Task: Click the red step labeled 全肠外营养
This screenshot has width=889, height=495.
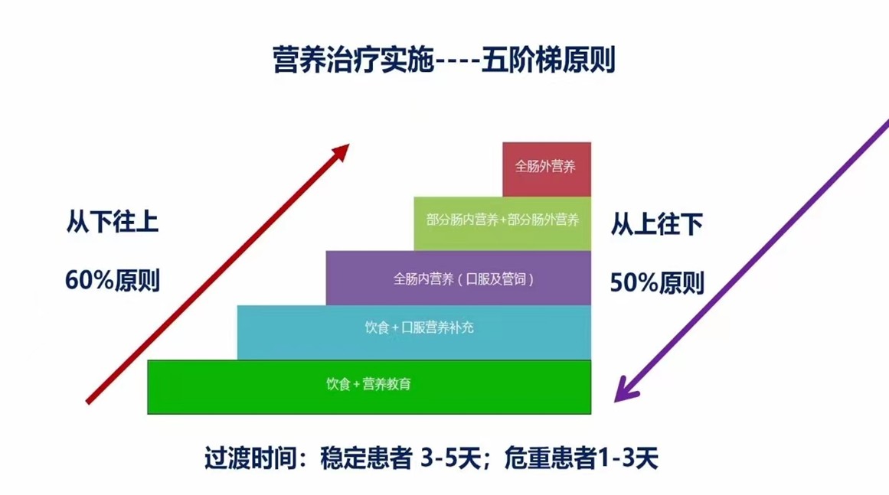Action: pos(547,169)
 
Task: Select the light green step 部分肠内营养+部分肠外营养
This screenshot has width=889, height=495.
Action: pos(502,223)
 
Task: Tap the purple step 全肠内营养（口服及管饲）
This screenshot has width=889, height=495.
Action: pos(458,278)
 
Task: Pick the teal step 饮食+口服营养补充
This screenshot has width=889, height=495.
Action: pos(414,333)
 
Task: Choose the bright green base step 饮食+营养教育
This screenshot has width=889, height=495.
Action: pos(369,387)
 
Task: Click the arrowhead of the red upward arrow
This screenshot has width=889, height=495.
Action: pos(342,151)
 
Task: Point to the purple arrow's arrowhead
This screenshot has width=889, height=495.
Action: pos(626,390)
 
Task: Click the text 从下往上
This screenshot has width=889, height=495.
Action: pos(113,221)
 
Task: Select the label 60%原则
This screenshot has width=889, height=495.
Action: pos(113,280)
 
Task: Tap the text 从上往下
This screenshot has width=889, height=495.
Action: pos(656,224)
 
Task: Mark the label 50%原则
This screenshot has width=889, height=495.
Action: pos(656,282)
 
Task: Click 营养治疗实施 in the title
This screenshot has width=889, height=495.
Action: pos(353,60)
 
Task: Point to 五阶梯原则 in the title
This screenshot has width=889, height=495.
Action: pos(548,60)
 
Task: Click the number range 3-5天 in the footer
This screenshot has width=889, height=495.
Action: pos(451,458)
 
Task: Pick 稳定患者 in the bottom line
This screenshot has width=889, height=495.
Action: pos(366,458)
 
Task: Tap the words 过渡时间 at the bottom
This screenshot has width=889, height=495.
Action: pos(250,458)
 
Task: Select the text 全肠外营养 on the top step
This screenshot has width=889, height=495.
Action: pos(545,167)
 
